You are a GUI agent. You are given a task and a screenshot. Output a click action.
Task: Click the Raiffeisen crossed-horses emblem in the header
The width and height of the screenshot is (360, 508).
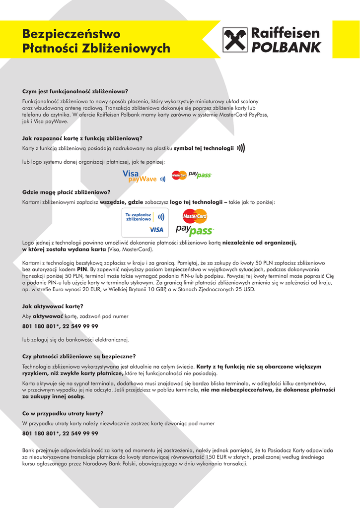(235, 40)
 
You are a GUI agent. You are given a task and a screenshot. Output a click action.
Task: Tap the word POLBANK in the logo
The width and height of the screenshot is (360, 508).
(286, 48)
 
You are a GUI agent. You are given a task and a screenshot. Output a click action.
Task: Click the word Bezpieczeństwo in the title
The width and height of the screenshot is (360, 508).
(71, 34)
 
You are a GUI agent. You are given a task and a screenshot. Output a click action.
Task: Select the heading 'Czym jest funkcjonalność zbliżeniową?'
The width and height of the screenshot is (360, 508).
(75, 91)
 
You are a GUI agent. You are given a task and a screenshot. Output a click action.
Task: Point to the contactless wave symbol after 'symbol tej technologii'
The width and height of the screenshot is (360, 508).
(241, 148)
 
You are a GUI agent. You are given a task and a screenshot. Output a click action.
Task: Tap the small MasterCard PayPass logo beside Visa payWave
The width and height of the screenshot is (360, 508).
(192, 175)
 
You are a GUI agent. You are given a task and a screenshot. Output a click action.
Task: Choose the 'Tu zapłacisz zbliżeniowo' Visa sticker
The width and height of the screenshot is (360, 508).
(145, 222)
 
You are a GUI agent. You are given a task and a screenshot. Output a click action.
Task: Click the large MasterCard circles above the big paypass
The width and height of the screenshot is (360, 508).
(195, 216)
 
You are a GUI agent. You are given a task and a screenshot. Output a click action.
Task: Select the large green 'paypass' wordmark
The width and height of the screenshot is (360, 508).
(195, 231)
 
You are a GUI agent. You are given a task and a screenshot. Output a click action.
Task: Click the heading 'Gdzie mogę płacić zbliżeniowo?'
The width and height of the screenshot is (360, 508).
(66, 192)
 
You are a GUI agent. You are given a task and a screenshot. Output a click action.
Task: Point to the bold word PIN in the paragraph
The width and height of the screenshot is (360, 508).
(82, 269)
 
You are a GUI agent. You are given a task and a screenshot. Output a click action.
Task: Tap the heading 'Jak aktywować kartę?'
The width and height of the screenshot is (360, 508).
(53, 306)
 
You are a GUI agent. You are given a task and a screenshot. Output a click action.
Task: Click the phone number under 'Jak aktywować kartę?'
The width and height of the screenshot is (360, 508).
(60, 326)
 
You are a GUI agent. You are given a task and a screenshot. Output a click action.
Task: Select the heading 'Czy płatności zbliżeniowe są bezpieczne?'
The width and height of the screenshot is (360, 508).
(79, 356)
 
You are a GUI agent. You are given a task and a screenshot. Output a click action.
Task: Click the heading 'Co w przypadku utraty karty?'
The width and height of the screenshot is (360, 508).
(63, 413)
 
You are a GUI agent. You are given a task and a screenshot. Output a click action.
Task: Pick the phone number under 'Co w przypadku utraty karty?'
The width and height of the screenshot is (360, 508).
(60, 434)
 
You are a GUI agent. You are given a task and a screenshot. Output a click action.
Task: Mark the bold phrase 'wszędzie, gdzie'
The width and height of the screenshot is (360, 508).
(121, 202)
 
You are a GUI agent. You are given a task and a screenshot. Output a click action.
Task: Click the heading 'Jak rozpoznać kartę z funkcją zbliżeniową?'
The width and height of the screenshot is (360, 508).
(82, 138)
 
